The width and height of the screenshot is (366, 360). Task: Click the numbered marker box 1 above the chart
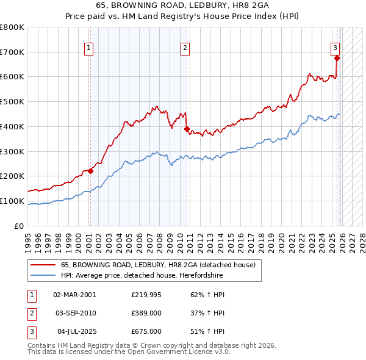click(89, 47)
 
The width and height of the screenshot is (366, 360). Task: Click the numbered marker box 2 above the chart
click(185, 47)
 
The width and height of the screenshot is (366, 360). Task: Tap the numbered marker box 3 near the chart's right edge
click(335, 47)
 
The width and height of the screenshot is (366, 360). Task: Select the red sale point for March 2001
click(90, 171)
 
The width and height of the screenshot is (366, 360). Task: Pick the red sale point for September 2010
click(187, 129)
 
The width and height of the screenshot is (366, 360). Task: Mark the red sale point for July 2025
click(337, 58)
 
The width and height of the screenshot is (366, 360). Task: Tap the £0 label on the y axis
click(20, 226)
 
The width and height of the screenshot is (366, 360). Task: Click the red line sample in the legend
click(43, 265)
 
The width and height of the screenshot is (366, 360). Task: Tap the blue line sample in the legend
click(43, 275)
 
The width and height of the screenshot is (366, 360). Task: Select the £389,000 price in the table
click(146, 313)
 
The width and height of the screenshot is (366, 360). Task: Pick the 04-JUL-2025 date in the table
click(76, 331)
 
